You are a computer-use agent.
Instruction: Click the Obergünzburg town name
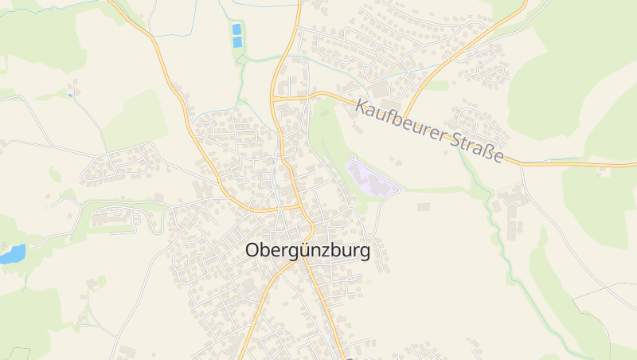[307, 251]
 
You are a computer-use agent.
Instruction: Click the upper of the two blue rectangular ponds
[236, 29]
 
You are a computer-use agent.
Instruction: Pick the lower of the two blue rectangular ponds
[236, 40]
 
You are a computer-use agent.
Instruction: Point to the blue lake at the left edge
[11, 254]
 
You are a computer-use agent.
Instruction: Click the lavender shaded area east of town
[370, 175]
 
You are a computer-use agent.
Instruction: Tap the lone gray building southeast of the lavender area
[423, 207]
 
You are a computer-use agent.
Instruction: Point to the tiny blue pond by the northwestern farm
[69, 95]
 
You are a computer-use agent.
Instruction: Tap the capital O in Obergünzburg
[252, 251]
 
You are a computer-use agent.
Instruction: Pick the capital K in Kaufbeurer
[363, 106]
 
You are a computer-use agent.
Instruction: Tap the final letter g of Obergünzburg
[364, 252]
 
